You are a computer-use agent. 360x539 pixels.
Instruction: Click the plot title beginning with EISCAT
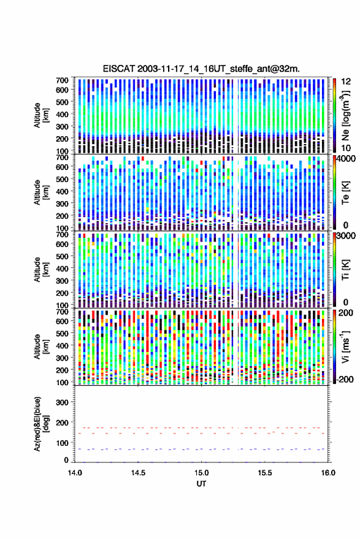pyautogui.click(x=201, y=69)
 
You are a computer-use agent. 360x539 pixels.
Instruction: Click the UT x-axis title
pyautogui.click(x=201, y=484)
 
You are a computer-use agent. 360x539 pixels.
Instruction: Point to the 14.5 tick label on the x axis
pyautogui.click(x=138, y=473)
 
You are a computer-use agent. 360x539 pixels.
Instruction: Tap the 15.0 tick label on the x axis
pyautogui.click(x=201, y=473)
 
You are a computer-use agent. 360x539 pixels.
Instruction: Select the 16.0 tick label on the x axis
pyautogui.click(x=328, y=473)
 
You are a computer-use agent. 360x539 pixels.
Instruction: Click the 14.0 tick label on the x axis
pyautogui.click(x=75, y=473)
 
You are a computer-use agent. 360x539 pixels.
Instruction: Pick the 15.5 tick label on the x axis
pyautogui.click(x=264, y=473)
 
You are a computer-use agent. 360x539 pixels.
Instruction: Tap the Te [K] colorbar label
pyautogui.click(x=345, y=193)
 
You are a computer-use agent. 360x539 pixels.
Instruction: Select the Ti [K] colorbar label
pyautogui.click(x=345, y=270)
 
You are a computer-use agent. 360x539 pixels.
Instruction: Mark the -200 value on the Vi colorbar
pyautogui.click(x=344, y=380)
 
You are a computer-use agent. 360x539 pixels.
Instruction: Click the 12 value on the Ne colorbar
pyautogui.click(x=347, y=82)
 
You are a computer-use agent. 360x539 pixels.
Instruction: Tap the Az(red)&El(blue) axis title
pyautogui.click(x=41, y=424)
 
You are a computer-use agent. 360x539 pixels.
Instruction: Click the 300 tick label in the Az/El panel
pyautogui.click(x=63, y=402)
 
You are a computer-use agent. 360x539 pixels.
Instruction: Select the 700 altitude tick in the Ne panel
pyautogui.click(x=62, y=80)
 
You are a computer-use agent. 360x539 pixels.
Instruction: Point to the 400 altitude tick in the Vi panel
pyautogui.click(x=62, y=345)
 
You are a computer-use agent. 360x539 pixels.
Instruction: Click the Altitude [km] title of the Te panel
pyautogui.click(x=41, y=193)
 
